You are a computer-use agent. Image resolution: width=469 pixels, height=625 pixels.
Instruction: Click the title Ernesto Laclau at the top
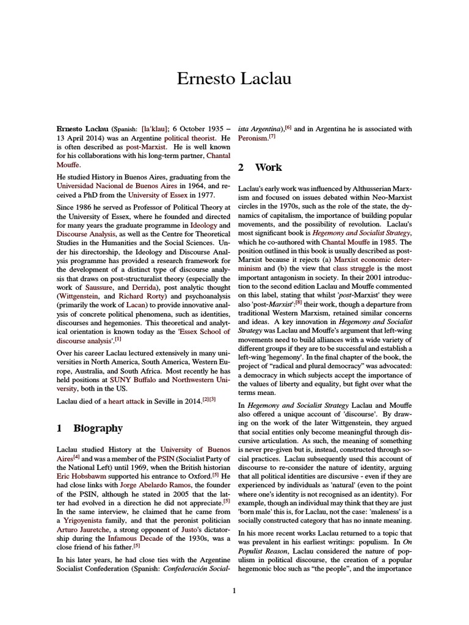pyautogui.click(x=234, y=79)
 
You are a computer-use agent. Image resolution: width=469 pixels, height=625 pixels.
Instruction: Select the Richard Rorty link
pyautogui.click(x=138, y=313)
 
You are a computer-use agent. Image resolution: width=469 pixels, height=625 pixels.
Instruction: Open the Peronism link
pyautogui.click(x=253, y=139)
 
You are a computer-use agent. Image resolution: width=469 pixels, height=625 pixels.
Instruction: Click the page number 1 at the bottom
pyautogui.click(x=234, y=590)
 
